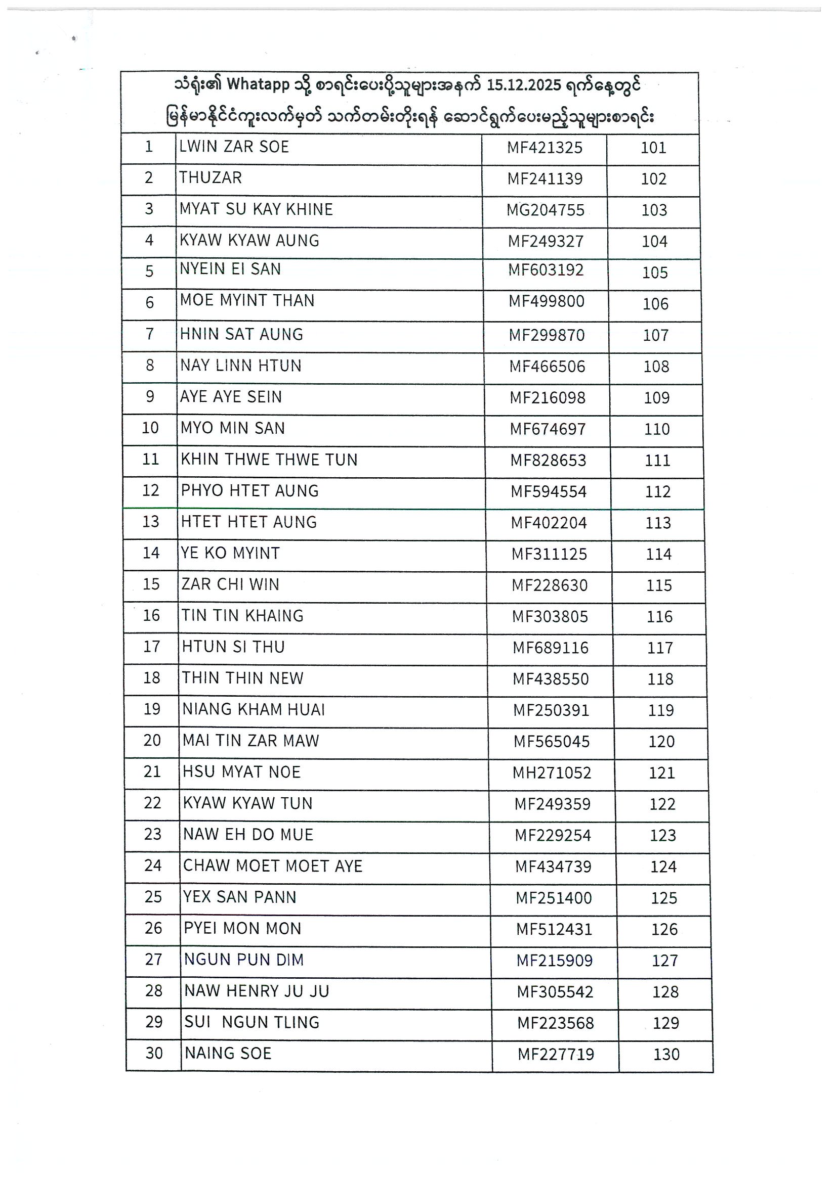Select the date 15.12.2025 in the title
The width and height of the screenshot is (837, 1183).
pos(523,85)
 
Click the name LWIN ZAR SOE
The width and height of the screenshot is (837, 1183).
pos(234,147)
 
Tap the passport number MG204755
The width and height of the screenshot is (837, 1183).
pos(545,210)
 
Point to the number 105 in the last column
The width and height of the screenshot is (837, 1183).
pos(654,272)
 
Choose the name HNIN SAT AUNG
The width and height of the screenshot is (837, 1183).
pos(241,334)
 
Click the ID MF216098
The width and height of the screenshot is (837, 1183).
pos(547,398)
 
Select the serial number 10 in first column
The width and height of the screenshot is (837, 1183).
pos(150,428)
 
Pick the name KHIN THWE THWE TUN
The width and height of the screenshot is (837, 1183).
pos(269,460)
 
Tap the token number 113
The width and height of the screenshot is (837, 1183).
pos(658,523)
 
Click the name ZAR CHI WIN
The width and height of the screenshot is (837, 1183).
pos(230,584)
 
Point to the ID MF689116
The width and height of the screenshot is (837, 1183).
pos(550,648)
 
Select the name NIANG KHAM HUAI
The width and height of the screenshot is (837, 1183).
pos(253,709)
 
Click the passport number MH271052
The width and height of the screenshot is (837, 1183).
pos(551,773)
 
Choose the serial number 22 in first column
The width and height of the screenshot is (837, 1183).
pos(152,803)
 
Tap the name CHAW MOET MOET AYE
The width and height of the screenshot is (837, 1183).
pos(272,866)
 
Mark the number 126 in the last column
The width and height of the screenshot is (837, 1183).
pos(664,929)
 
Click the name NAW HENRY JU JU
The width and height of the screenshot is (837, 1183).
pos(256,991)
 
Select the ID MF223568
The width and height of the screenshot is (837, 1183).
pos(556,1023)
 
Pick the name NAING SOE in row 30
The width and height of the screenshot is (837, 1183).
pos(227,1053)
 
